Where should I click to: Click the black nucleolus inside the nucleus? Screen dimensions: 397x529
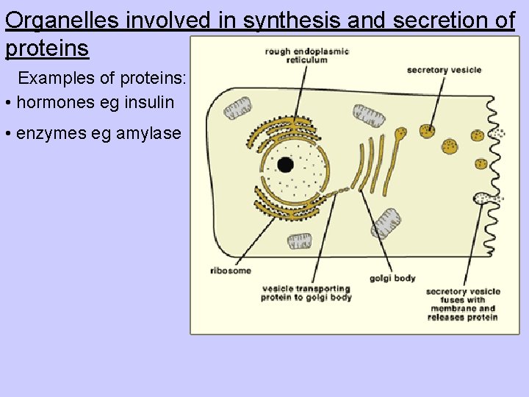point(285,165)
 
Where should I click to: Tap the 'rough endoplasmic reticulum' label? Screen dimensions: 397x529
point(307,55)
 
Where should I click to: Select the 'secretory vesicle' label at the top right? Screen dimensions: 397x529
point(444,70)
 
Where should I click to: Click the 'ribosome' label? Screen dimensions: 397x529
point(230,271)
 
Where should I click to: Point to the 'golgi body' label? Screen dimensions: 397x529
point(392,278)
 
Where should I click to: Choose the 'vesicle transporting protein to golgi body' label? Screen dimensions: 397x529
point(306,293)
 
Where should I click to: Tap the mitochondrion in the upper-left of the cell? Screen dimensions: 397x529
point(237,108)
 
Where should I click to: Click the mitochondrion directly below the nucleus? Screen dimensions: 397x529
point(300,241)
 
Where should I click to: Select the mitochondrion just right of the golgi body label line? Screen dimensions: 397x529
point(387,223)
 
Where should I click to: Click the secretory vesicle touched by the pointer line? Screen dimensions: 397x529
point(428,131)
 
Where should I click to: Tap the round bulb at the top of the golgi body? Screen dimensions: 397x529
point(401,134)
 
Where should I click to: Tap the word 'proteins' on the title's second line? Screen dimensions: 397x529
point(47,49)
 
